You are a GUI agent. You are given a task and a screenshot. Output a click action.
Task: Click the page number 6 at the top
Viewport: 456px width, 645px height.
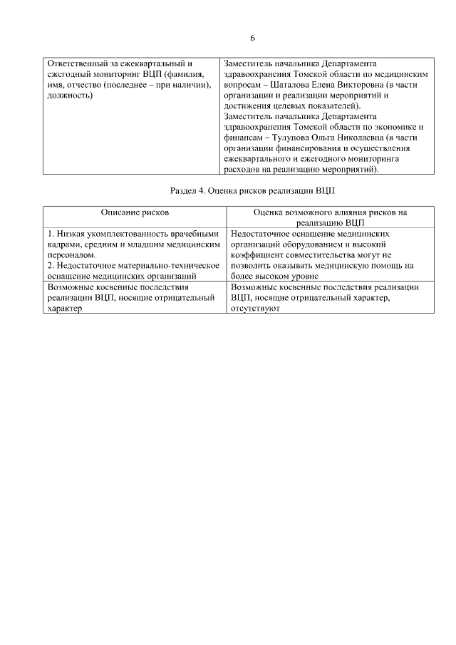pos(252,38)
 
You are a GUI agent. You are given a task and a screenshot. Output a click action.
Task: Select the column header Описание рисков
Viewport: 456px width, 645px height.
pos(135,212)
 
